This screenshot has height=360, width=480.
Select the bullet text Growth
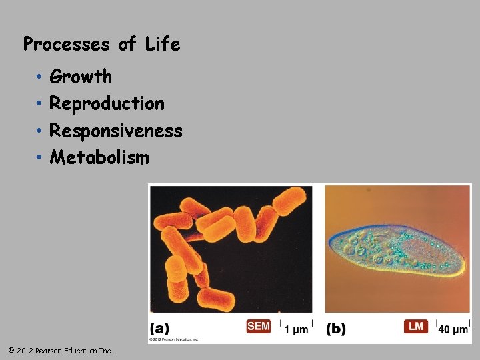pyautogui.click(x=81, y=77)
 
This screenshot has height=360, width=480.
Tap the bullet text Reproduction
pyautogui.click(x=107, y=104)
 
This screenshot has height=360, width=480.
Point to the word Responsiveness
pyautogui.click(x=116, y=131)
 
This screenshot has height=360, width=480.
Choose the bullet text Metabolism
pyautogui.click(x=99, y=158)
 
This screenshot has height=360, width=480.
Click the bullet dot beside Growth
pyautogui.click(x=40, y=77)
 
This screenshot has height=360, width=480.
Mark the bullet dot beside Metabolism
pyautogui.click(x=40, y=159)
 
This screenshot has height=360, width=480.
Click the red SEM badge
pyautogui.click(x=259, y=326)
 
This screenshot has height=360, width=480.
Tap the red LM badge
pyautogui.click(x=416, y=326)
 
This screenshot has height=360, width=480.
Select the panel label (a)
pyautogui.click(x=159, y=329)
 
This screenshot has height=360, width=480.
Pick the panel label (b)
pyautogui.click(x=336, y=329)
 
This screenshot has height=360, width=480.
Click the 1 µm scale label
pyautogui.click(x=296, y=329)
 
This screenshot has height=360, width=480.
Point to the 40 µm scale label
pyautogui.click(x=453, y=329)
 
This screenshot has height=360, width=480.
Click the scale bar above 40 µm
pyautogui.click(x=453, y=322)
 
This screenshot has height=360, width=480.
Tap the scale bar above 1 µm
pyautogui.click(x=296, y=322)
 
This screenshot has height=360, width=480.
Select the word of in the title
pyautogui.click(x=127, y=45)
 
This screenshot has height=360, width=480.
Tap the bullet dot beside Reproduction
pyautogui.click(x=40, y=105)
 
